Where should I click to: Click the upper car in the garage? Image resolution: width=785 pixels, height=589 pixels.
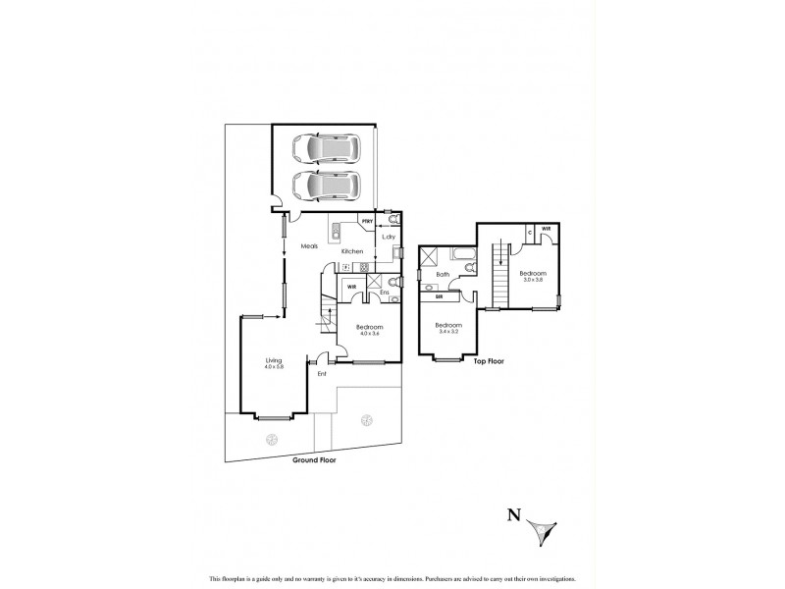coord(326,149)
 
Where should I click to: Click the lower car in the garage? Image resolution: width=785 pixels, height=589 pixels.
coord(326,184)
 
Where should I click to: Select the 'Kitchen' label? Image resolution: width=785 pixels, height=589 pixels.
coord(352,251)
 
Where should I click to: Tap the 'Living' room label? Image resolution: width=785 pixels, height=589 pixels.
coord(274,360)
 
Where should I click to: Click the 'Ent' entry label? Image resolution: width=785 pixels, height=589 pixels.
coord(321,374)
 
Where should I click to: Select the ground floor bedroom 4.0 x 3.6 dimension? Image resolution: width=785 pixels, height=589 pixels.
coord(369,334)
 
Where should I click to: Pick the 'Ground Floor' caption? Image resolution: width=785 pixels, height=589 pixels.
coord(316,458)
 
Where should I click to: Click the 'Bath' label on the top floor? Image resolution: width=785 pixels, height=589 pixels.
coord(443,275)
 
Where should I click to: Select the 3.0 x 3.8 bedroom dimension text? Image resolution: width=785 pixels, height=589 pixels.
coord(532,280)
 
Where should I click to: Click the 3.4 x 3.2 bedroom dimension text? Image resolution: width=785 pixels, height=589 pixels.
coord(448,331)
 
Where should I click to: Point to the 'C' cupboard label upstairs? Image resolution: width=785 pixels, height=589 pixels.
coord(530,232)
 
